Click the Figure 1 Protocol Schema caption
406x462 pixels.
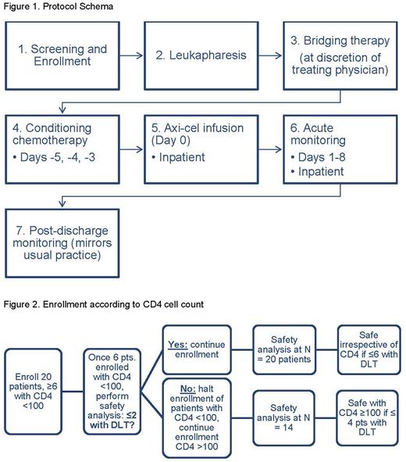point(49,7)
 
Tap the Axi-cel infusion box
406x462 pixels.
point(206,148)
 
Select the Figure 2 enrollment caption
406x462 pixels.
point(105,303)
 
